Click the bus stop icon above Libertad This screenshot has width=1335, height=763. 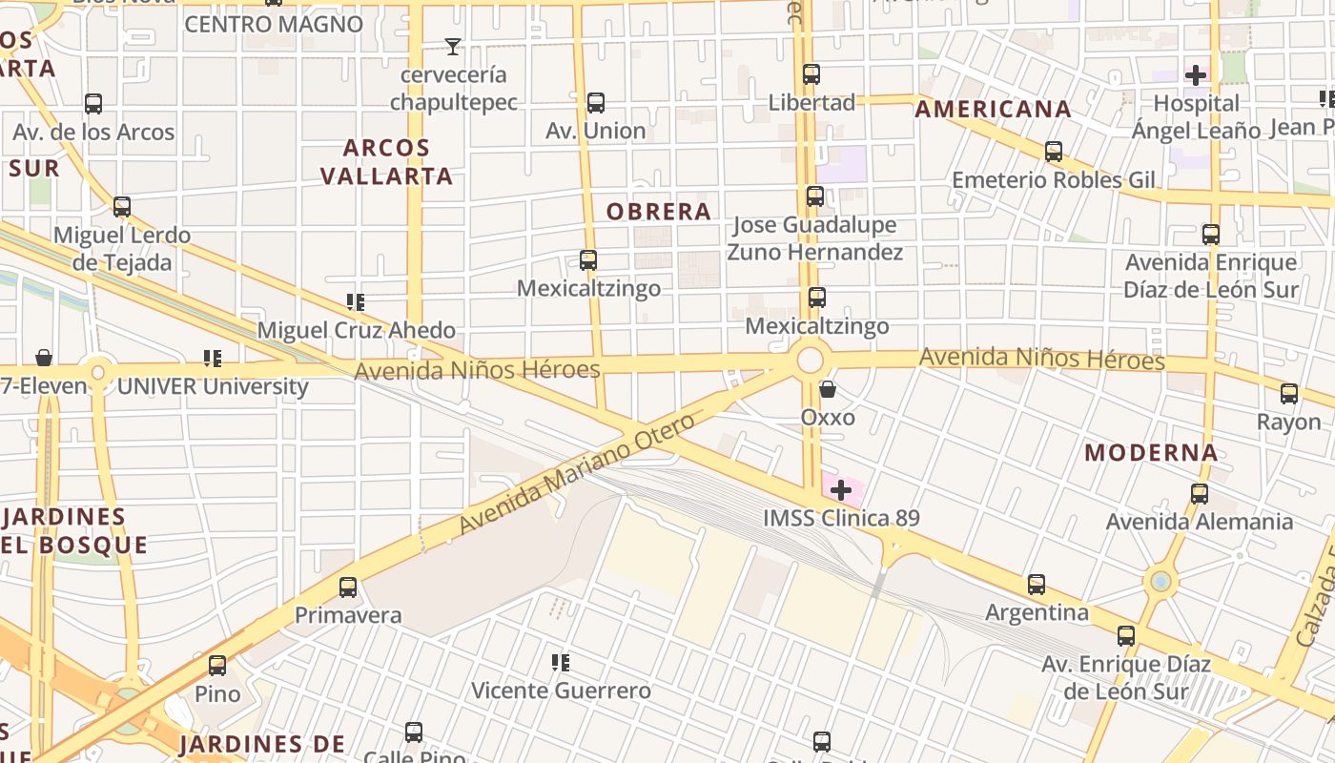(x=811, y=74)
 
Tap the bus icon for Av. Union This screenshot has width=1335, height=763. (x=596, y=103)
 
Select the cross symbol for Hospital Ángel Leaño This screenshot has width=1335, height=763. (x=1196, y=74)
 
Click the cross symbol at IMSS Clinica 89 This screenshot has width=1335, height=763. (x=841, y=491)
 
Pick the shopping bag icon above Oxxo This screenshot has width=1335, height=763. (x=828, y=389)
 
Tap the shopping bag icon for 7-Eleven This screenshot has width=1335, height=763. (x=44, y=358)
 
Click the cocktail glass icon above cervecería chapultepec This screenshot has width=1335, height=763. (x=453, y=46)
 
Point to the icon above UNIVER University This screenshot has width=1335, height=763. (x=212, y=359)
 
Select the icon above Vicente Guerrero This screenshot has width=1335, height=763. (x=561, y=662)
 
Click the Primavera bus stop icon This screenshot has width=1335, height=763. (x=348, y=588)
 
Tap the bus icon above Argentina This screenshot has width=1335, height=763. (x=1037, y=584)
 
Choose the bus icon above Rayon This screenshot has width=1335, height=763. (x=1289, y=393)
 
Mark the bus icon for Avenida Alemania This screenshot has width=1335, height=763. (x=1200, y=494)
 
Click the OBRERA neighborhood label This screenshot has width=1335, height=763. (x=659, y=212)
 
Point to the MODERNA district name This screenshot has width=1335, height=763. (x=1151, y=453)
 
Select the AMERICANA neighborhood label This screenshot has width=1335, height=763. (x=993, y=110)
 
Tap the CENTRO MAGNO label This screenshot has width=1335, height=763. (x=274, y=24)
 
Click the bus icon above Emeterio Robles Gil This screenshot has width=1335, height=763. (x=1054, y=152)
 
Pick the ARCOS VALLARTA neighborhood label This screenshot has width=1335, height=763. (x=386, y=162)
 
